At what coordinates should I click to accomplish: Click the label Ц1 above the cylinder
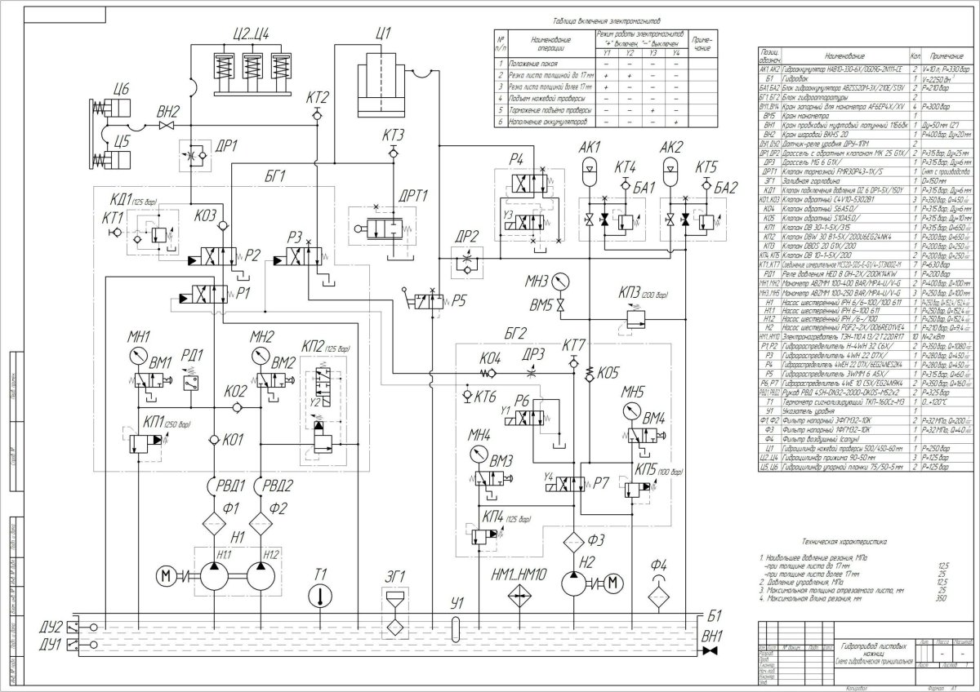[x=383, y=33]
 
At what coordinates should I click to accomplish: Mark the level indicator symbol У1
[x=455, y=630]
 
